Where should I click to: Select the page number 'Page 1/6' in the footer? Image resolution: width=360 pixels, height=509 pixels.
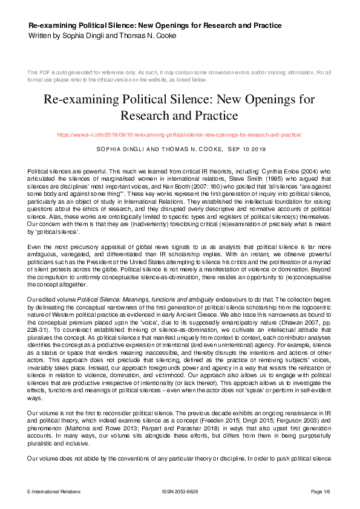320,491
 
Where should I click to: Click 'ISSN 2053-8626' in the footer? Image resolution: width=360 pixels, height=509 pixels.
180,491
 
